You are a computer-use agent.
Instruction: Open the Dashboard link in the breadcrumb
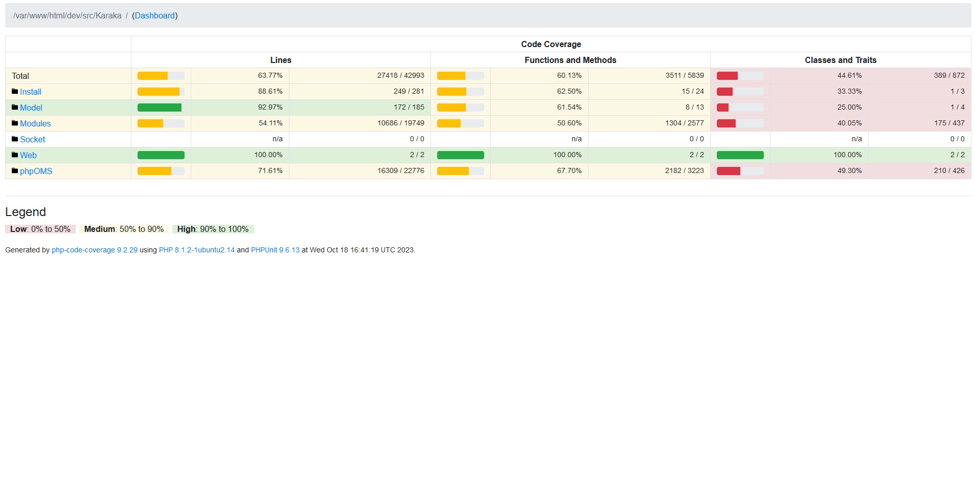tap(155, 16)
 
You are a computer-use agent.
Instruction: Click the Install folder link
tap(31, 92)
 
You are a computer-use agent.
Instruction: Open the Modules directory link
tap(35, 123)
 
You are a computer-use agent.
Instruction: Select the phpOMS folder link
tap(36, 171)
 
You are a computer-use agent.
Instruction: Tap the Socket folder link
tap(32, 139)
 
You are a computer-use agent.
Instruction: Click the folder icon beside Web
tap(15, 155)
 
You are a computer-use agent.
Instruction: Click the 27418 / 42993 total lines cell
tap(400, 76)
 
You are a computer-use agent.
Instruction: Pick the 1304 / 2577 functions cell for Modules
tap(684, 123)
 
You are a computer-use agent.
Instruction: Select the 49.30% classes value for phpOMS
tap(849, 171)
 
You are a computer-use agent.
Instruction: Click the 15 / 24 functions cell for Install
tap(692, 92)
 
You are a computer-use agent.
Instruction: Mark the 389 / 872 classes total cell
tap(949, 76)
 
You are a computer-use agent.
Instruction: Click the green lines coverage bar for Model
tap(160, 108)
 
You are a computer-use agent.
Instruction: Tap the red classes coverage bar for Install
tap(725, 92)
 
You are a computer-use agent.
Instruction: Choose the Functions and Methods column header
tap(570, 60)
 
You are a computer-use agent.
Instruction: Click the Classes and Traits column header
tap(840, 60)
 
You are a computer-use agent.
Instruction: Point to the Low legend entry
tap(40, 229)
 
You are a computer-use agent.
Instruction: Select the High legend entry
tap(213, 229)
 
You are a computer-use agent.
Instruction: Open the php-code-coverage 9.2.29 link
tap(95, 250)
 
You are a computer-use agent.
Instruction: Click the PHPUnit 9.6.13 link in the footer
tap(275, 250)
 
